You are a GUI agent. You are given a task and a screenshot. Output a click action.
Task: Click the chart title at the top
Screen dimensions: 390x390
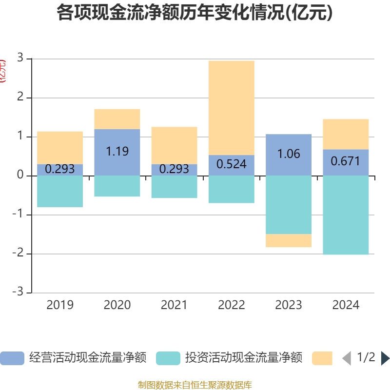[x=195, y=13]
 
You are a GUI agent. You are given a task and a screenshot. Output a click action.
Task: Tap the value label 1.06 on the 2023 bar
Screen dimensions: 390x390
[x=289, y=154]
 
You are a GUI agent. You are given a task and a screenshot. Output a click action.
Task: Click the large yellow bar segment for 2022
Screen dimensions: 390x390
[x=231, y=107]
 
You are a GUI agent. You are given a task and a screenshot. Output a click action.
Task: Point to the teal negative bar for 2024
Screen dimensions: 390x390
[x=346, y=215]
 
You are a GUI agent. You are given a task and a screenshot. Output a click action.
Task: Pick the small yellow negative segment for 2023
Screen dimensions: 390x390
[x=289, y=241]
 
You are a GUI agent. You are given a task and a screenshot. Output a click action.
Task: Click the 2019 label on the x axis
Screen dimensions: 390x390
[x=60, y=305]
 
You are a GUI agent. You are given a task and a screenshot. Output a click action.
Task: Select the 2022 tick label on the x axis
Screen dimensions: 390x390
[x=231, y=305]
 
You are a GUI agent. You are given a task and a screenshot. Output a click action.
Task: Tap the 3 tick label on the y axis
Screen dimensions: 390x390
[x=20, y=58]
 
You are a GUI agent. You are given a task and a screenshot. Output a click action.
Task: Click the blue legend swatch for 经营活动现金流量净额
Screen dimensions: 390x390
[x=12, y=358]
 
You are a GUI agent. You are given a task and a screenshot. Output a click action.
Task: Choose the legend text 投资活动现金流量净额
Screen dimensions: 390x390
[x=243, y=358]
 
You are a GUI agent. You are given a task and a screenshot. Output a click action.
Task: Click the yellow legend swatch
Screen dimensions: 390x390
[x=322, y=358]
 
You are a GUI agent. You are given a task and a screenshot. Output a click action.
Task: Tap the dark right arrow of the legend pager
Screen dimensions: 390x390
[x=385, y=358]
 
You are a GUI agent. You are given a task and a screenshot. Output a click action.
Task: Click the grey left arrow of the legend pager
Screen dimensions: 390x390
[x=347, y=358]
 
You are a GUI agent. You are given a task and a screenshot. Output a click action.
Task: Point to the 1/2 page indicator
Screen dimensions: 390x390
[x=366, y=357]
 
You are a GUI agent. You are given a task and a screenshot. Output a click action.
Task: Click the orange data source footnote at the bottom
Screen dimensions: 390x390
[x=195, y=385]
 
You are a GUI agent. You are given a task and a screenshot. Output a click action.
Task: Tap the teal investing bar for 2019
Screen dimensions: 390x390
[x=60, y=191]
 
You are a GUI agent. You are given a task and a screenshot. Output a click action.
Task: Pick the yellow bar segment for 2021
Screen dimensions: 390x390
[x=174, y=145]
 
